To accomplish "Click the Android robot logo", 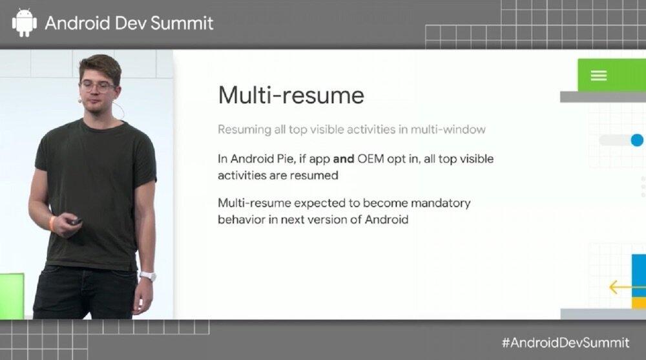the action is [x=24, y=22].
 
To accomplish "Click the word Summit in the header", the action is [x=182, y=23].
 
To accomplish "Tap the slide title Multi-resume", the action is [x=291, y=95].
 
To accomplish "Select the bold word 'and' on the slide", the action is [x=344, y=159].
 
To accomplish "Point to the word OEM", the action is [x=371, y=159].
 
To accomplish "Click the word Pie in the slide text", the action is [x=284, y=159].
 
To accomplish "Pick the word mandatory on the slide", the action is [x=441, y=204].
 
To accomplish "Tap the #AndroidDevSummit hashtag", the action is [x=565, y=343].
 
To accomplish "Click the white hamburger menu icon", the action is [x=599, y=76].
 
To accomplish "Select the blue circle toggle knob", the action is [x=637, y=140].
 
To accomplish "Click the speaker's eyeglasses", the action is [x=98, y=87].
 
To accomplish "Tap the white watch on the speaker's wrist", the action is [x=147, y=276].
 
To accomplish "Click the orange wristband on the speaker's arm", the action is [x=53, y=222].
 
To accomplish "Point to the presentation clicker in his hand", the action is [x=75, y=222].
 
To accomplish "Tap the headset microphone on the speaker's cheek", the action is [x=79, y=100].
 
